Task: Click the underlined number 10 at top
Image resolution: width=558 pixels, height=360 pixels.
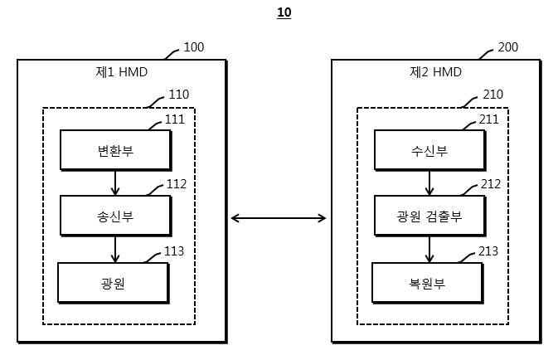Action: [284, 12]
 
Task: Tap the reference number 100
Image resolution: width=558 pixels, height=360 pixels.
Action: [194, 47]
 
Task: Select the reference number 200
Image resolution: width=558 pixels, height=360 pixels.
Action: [507, 47]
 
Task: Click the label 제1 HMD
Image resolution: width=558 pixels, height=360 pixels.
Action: [121, 72]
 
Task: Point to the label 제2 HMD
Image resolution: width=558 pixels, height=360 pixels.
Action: [435, 72]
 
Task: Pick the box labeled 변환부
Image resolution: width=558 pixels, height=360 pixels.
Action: [116, 150]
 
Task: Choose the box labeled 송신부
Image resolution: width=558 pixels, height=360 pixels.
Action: [116, 216]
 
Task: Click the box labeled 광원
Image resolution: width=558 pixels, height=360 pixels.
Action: [114, 284]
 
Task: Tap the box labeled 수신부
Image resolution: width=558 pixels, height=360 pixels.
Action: [429, 150]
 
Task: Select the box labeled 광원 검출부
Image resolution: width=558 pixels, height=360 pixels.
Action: [429, 216]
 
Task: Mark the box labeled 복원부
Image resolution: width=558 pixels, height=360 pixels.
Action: [427, 284]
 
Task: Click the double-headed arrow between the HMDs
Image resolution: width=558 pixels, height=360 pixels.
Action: [279, 218]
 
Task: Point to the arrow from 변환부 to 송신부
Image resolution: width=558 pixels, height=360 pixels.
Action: [115, 183]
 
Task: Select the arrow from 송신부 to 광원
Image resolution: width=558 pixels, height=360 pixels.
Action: [115, 250]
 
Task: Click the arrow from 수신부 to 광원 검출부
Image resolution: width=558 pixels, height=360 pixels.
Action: [429, 183]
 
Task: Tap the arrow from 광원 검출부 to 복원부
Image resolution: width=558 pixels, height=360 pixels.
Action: [429, 250]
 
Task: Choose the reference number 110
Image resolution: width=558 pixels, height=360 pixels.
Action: [178, 95]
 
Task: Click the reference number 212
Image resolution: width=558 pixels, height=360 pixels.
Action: [491, 184]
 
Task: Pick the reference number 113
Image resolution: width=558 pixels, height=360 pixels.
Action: [174, 251]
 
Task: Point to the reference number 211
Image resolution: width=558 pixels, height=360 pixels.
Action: [489, 119]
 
